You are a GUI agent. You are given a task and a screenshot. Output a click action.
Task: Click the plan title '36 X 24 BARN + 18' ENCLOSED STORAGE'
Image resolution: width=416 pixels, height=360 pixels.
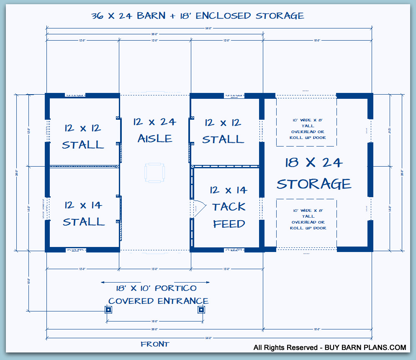[x=198, y=16]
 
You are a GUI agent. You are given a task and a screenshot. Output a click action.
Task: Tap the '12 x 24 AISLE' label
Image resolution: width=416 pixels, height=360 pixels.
[x=155, y=130]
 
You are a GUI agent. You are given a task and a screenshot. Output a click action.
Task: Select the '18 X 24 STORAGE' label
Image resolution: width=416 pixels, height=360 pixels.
[x=314, y=173]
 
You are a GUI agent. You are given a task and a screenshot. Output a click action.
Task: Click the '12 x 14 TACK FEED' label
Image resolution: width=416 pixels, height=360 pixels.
[x=229, y=207]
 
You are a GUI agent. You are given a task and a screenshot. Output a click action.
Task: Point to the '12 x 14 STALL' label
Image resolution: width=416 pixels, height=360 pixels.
[x=83, y=213]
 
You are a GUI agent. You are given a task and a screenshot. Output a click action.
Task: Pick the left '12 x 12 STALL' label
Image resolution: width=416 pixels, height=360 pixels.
[x=83, y=136]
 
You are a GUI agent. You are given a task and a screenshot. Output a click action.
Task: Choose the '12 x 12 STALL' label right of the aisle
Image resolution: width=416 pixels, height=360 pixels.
[x=223, y=131]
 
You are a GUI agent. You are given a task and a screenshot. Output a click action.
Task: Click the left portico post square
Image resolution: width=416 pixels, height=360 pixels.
[x=108, y=310]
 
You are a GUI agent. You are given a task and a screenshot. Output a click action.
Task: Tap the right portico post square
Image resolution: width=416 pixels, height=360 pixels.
[x=201, y=310]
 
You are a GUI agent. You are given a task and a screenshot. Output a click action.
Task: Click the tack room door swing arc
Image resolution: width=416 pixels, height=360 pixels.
[x=198, y=208]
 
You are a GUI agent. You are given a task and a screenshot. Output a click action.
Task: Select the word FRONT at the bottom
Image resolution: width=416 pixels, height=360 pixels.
[x=155, y=345]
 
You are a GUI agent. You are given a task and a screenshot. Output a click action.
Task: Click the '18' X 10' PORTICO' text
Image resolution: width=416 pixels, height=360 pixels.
[x=156, y=288]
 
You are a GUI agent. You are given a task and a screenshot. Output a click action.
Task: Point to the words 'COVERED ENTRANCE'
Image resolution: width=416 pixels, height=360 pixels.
[x=158, y=301]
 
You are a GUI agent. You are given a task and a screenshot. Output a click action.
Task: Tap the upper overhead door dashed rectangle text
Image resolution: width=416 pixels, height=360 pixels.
[x=308, y=129]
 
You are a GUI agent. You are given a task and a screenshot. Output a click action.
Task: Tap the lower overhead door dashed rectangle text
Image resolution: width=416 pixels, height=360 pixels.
[x=308, y=219]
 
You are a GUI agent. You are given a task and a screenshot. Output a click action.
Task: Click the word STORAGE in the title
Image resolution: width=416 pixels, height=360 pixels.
[x=280, y=16]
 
